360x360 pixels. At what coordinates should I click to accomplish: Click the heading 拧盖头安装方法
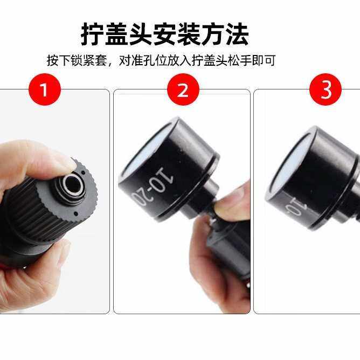pyautogui.click(x=165, y=34)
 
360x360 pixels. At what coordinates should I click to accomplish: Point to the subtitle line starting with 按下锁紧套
pyautogui.click(x=161, y=60)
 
